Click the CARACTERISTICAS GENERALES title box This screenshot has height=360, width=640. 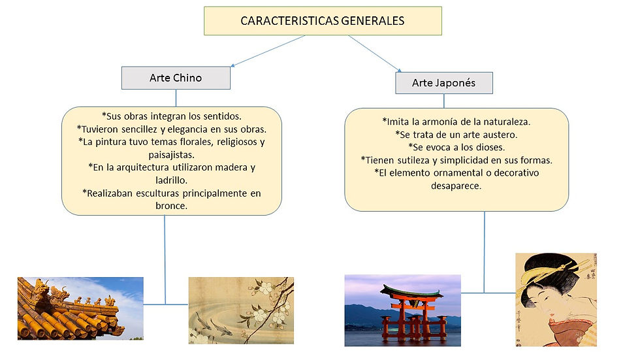pyautogui.click(x=323, y=21)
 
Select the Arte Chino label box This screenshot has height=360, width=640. pyautogui.click(x=176, y=78)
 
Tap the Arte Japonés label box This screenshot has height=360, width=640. pyautogui.click(x=444, y=83)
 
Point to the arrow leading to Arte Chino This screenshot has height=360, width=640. pyautogui.click(x=267, y=51)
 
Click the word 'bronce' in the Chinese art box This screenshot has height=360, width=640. pyautogui.click(x=171, y=205)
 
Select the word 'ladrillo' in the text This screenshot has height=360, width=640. pyautogui.click(x=171, y=179)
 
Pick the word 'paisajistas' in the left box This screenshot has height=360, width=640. pyautogui.click(x=171, y=154)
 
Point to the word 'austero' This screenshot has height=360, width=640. pyautogui.click(x=497, y=134)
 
